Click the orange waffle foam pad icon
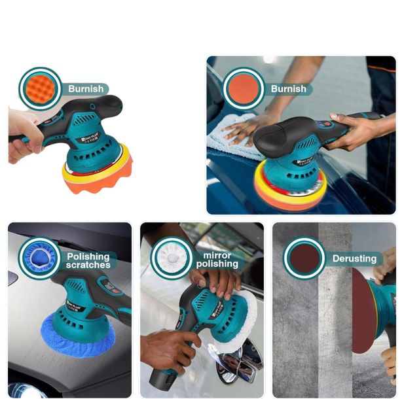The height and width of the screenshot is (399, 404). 40,88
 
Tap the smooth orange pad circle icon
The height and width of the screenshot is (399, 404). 244,88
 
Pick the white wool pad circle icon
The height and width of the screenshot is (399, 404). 171,258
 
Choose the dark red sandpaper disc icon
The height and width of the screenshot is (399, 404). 304,258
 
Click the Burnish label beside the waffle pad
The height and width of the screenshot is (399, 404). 86,89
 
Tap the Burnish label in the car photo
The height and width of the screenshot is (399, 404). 288,89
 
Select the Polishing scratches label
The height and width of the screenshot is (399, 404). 88,261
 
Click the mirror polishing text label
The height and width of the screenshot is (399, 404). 217,259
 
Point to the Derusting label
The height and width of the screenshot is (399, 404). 354,258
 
